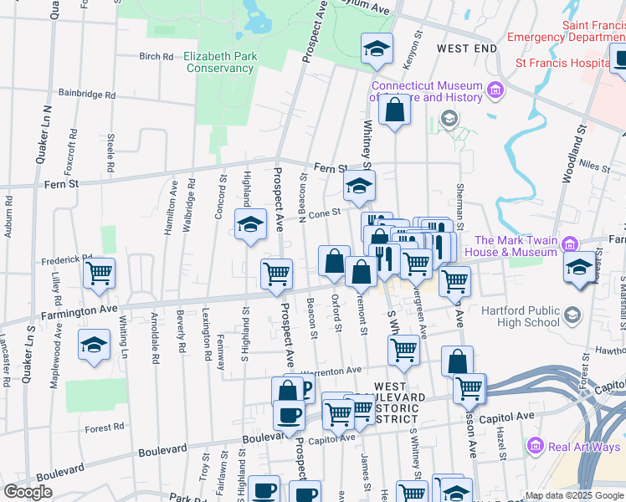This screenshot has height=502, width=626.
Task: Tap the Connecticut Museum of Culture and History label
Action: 427,91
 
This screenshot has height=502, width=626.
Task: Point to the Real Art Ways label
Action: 585,447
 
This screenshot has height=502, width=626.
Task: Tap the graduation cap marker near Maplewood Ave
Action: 94,344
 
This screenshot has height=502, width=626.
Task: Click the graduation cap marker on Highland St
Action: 249,224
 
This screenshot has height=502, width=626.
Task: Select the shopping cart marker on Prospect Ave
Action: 276,273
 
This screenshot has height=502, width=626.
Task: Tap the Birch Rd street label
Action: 156,57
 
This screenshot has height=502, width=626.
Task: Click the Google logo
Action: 28,491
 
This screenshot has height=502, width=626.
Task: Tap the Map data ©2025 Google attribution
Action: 574,495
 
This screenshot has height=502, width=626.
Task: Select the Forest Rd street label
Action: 104,427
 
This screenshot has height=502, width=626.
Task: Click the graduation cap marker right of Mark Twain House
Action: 579,268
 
